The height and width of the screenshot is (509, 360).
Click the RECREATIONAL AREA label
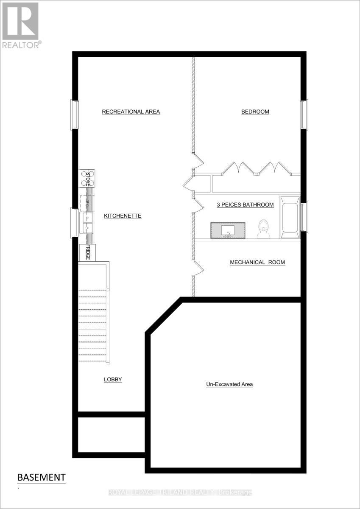click(x=131, y=112)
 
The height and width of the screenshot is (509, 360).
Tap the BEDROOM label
click(x=255, y=112)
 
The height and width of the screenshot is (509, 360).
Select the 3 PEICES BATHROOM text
click(x=245, y=205)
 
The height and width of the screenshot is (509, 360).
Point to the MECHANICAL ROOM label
click(x=257, y=263)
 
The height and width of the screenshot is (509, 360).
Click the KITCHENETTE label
click(x=123, y=216)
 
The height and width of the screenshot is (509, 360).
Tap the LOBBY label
click(x=113, y=380)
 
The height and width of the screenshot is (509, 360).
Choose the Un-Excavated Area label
click(x=229, y=385)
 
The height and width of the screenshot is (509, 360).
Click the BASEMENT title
click(x=42, y=477)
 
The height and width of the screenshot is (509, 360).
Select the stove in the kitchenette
click(x=88, y=178)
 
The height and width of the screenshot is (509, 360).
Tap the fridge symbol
click(x=88, y=252)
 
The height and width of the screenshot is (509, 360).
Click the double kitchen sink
click(x=87, y=223)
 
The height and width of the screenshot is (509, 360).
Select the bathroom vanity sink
click(x=229, y=230)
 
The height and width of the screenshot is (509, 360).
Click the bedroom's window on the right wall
click(x=304, y=114)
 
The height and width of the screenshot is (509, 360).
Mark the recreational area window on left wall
click(x=75, y=115)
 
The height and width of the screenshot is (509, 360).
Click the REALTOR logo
click(x=21, y=25)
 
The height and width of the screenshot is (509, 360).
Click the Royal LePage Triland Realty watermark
click(x=180, y=492)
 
